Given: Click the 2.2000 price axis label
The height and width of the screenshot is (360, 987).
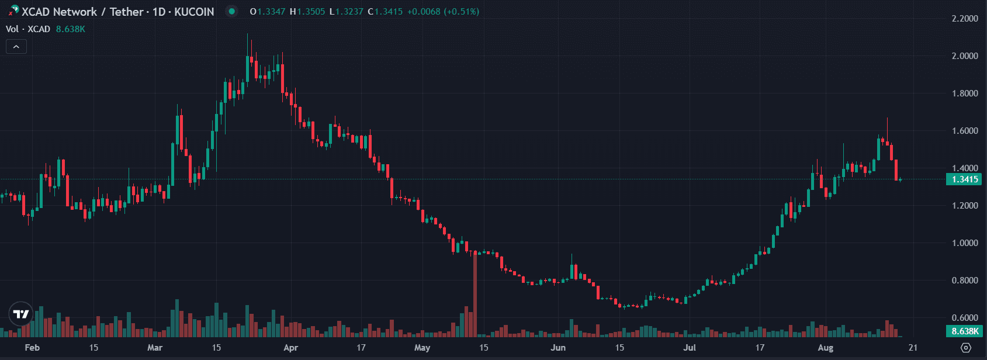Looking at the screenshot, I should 965,19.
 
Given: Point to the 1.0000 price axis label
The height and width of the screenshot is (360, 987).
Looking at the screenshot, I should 965,243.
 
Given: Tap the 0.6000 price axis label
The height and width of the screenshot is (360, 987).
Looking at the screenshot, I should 965,318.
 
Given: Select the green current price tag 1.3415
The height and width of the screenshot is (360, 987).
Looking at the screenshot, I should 964,179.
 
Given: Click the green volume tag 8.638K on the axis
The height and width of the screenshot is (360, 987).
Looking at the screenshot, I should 964,331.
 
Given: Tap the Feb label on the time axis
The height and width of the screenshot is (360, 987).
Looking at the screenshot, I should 32,348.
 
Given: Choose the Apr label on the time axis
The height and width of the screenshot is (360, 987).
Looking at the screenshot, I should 290,348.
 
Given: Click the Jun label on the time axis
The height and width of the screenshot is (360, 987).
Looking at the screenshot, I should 558,348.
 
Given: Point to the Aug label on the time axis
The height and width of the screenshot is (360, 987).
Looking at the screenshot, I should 825,348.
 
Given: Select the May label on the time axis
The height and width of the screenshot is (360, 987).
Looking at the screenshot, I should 422,348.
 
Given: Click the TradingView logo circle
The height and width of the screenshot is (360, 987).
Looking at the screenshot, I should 21,314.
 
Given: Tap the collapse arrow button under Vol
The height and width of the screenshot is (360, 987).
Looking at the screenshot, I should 16,47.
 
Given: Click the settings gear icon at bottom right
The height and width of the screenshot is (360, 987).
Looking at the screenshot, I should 965,348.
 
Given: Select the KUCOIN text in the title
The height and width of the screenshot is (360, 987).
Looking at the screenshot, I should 194,12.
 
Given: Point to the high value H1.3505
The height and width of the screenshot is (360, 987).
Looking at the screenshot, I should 307,12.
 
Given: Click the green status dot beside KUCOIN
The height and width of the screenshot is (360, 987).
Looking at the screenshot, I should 232,12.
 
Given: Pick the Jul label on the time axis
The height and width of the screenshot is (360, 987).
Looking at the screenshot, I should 690,348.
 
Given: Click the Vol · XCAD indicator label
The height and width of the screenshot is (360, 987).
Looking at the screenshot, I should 28,29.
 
